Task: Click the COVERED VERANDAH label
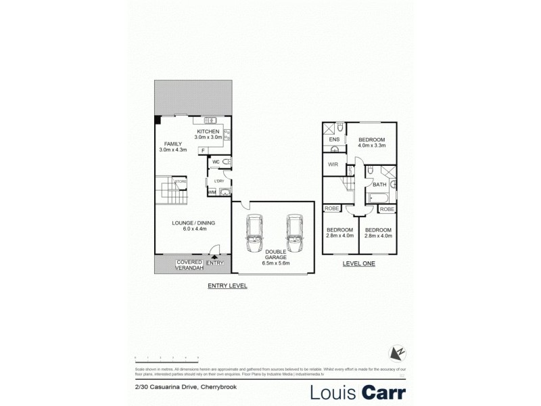click(x=190, y=265)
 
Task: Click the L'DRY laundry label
click(x=218, y=181)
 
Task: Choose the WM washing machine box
click(x=212, y=192)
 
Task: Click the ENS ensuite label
click(x=333, y=139)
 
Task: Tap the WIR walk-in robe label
click(x=333, y=164)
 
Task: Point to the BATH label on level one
click(x=379, y=184)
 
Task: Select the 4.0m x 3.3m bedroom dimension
click(x=371, y=145)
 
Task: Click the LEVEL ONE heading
click(x=359, y=263)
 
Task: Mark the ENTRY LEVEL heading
click(x=227, y=286)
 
